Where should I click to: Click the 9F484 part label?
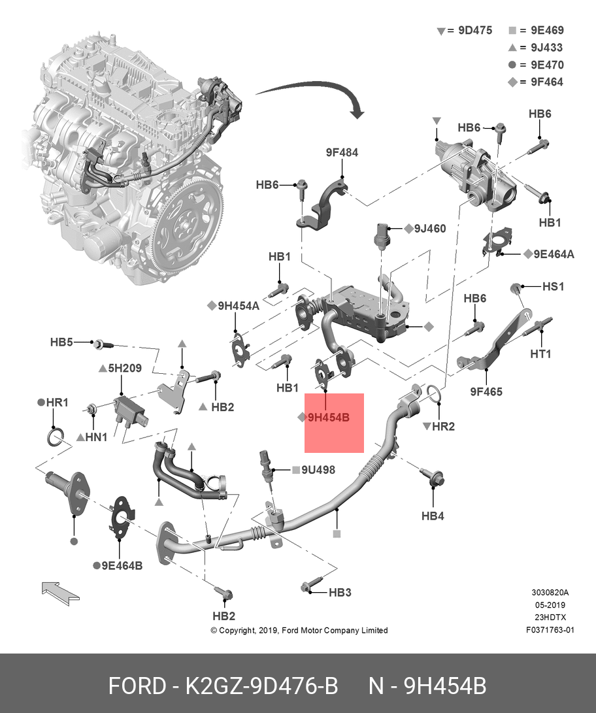(342, 152)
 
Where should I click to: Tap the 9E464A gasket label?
(553, 254)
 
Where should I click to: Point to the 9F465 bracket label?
(486, 392)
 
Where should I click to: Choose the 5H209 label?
(124, 368)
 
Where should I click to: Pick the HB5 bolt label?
(61, 342)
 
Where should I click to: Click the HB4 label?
(433, 516)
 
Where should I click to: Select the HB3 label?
(340, 592)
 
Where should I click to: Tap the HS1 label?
(553, 286)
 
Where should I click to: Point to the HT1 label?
(540, 354)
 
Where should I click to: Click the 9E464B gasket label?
(122, 565)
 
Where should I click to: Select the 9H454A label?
(238, 305)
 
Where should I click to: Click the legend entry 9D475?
(474, 30)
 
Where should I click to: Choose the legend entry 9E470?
(546, 65)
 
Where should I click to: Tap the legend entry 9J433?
(546, 48)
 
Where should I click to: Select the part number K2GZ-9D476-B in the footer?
(261, 686)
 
